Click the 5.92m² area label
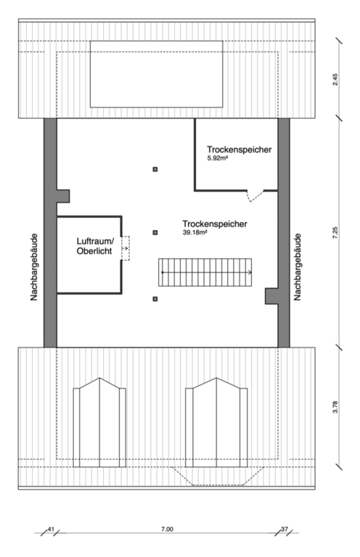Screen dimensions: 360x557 point(218,158)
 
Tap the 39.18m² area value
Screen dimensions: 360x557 point(195,233)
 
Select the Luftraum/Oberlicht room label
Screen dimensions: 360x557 point(95,246)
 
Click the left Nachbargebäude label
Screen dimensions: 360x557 point(34,267)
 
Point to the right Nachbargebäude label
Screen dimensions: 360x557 point(298,267)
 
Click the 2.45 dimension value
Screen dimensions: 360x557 point(335,79)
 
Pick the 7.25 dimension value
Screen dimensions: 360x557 point(335,233)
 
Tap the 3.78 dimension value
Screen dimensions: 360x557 point(335,407)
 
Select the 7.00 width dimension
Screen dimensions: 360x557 point(167,529)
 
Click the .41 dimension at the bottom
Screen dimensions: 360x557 point(50,529)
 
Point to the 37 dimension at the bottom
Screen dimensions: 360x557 point(285,529)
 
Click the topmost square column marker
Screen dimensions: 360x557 point(155,170)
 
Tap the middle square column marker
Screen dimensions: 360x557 point(155,232)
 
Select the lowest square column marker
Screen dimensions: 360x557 point(155,299)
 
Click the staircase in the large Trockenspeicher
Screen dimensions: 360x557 point(205,272)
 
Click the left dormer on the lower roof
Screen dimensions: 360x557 point(99,422)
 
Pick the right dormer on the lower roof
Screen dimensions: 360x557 point(216,422)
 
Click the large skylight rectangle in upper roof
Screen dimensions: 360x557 point(156,74)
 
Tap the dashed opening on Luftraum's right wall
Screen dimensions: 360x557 point(126,248)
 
